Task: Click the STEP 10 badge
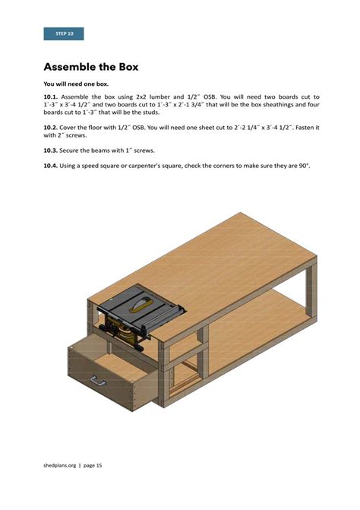click(65, 34)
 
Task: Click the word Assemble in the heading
click(76, 67)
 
